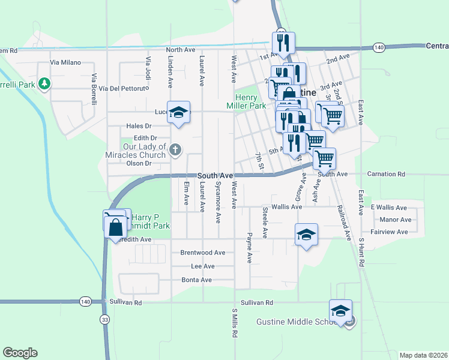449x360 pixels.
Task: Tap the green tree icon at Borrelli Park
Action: click(43, 83)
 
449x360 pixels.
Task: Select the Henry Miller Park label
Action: click(250, 101)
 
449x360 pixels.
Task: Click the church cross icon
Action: click(175, 149)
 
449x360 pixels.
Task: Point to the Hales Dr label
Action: click(139, 126)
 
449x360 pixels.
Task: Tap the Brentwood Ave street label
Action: click(203, 253)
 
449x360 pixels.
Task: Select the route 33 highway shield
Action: click(106, 320)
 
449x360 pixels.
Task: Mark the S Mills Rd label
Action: click(235, 324)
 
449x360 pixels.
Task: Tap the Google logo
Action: click(20, 353)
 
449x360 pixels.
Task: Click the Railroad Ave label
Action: click(345, 221)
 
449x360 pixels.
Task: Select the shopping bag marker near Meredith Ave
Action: click(115, 227)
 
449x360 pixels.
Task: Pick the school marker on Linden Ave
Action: click(178, 112)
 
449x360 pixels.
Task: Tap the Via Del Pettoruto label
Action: click(124, 88)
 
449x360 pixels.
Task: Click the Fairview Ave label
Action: click(390, 232)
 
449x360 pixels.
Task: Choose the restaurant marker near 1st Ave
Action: click(282, 43)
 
